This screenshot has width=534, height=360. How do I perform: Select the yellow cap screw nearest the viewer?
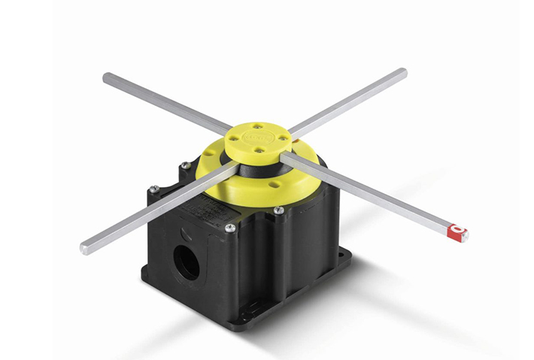tap(259, 150)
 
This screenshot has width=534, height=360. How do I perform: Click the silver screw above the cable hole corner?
tap(230, 228)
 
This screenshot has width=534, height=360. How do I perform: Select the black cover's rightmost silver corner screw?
tap(278, 211)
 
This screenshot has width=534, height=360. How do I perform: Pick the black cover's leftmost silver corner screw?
tap(153, 190)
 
